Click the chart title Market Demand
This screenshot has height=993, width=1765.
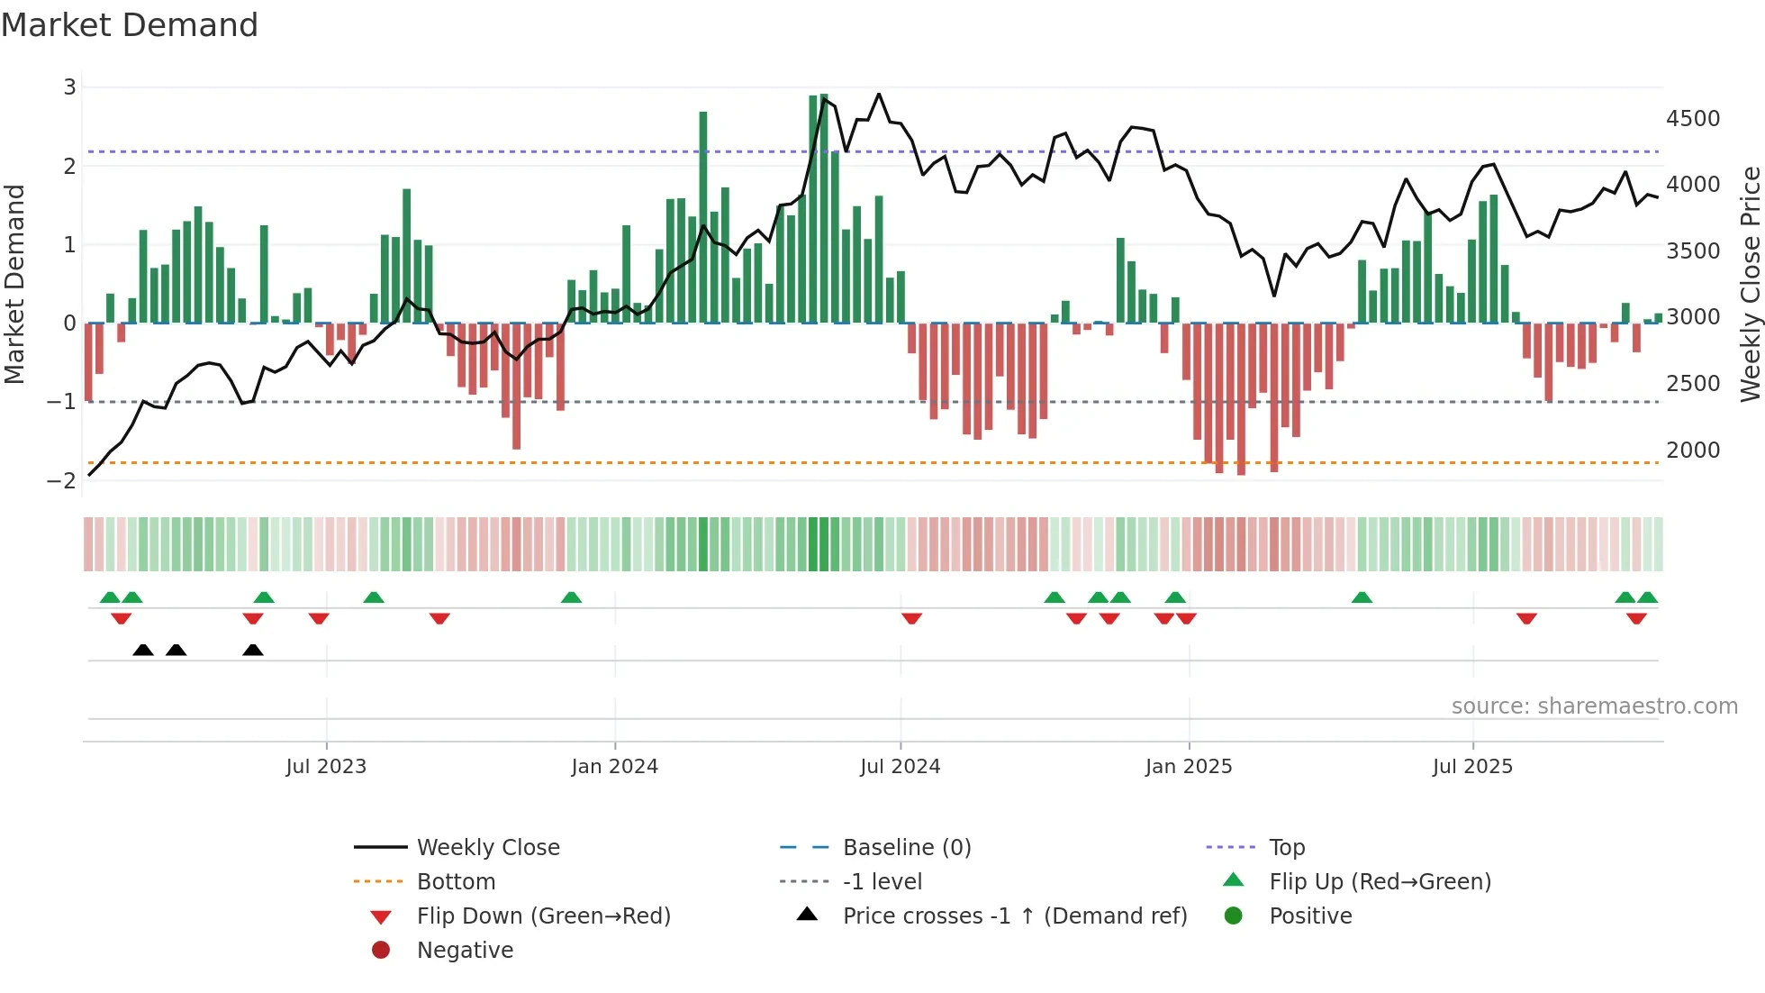(x=130, y=25)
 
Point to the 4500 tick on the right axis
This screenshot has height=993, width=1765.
(x=1692, y=119)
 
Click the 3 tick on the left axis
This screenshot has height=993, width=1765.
(x=69, y=87)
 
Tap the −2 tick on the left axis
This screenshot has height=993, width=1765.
(x=62, y=480)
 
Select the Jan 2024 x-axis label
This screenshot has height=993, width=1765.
(x=614, y=767)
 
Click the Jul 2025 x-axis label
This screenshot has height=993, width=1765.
(x=1472, y=767)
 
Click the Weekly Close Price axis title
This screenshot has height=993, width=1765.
(x=1750, y=284)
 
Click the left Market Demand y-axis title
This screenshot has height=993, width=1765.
(x=15, y=284)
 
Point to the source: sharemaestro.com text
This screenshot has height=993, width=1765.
(x=1594, y=706)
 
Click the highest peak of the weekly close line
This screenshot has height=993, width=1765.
(x=879, y=94)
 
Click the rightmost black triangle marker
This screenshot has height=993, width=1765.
(x=253, y=651)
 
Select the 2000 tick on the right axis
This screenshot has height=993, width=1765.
(x=1692, y=451)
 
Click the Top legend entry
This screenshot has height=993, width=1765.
(x=1286, y=848)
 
